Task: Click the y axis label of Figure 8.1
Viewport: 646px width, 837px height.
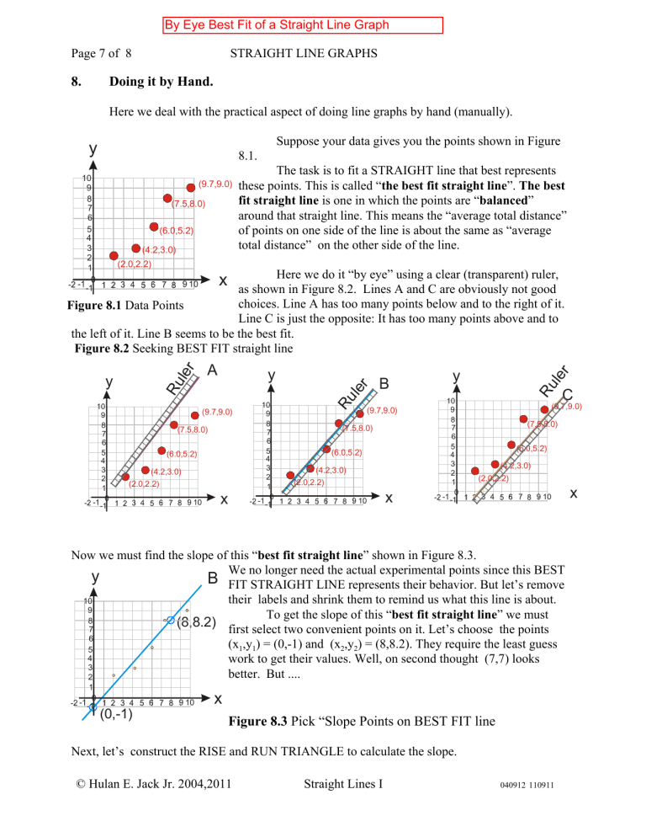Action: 93,148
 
